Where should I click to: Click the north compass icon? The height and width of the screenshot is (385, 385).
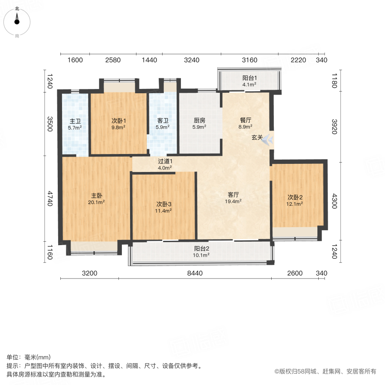click(x=17, y=20)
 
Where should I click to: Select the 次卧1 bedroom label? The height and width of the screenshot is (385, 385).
click(x=118, y=121)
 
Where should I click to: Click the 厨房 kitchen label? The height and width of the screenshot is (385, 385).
click(x=199, y=121)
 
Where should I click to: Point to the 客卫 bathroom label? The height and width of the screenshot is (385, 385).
click(x=163, y=121)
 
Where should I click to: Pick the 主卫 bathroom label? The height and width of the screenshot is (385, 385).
click(x=75, y=121)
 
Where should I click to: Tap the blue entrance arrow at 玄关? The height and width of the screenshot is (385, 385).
click(x=268, y=139)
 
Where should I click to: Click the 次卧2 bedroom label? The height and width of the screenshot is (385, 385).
click(x=295, y=197)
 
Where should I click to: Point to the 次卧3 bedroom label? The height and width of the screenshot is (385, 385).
click(x=164, y=204)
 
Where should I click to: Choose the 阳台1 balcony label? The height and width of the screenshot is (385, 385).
click(x=249, y=78)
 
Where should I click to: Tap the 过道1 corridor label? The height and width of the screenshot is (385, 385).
click(x=165, y=161)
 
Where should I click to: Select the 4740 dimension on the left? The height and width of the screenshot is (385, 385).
click(x=50, y=198)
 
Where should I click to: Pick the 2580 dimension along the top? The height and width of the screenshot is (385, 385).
click(x=113, y=60)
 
